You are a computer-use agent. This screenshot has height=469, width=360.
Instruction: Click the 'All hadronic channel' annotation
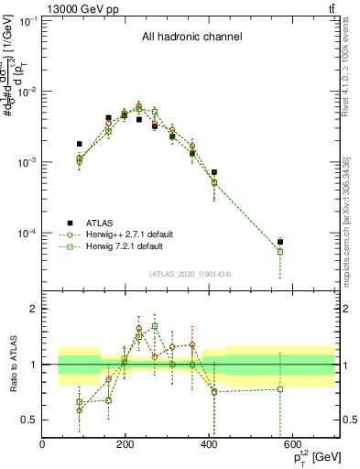pyautogui.click(x=191, y=38)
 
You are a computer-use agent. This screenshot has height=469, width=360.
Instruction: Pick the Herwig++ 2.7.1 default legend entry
pyautogui.click(x=135, y=234)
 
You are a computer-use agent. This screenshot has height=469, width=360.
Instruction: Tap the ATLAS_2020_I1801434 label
pyautogui.click(x=190, y=274)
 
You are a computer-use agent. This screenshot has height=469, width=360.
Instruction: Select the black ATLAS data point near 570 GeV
pyautogui.click(x=280, y=242)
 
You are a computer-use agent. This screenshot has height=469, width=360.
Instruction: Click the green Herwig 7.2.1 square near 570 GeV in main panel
pyautogui.click(x=280, y=251)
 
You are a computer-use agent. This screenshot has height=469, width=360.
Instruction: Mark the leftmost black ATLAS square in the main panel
pyautogui.click(x=80, y=144)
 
